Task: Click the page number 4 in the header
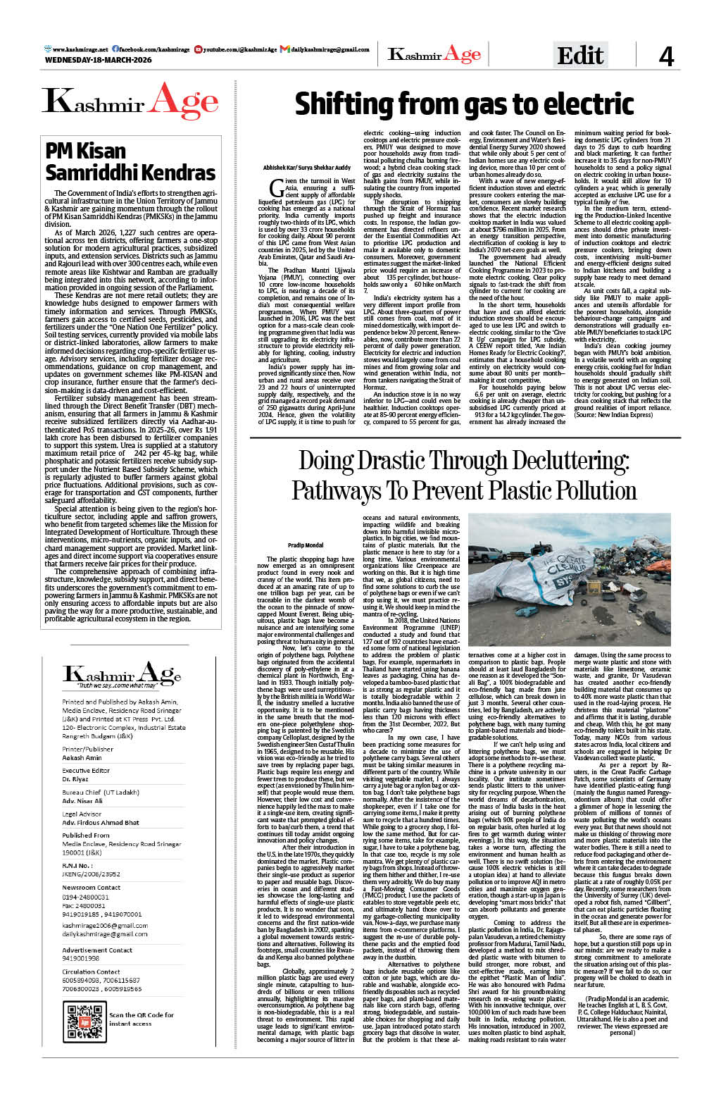point(666,56)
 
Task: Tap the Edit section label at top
point(580,55)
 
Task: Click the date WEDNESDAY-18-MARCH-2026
point(98,60)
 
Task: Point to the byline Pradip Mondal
point(306,545)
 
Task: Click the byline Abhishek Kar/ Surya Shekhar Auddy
point(306,168)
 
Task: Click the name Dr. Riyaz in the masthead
point(75,780)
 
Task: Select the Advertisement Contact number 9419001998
point(81,958)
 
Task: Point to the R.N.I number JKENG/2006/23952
point(91,874)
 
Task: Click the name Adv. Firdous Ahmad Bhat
point(101,823)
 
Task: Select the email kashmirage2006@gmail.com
point(105,925)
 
